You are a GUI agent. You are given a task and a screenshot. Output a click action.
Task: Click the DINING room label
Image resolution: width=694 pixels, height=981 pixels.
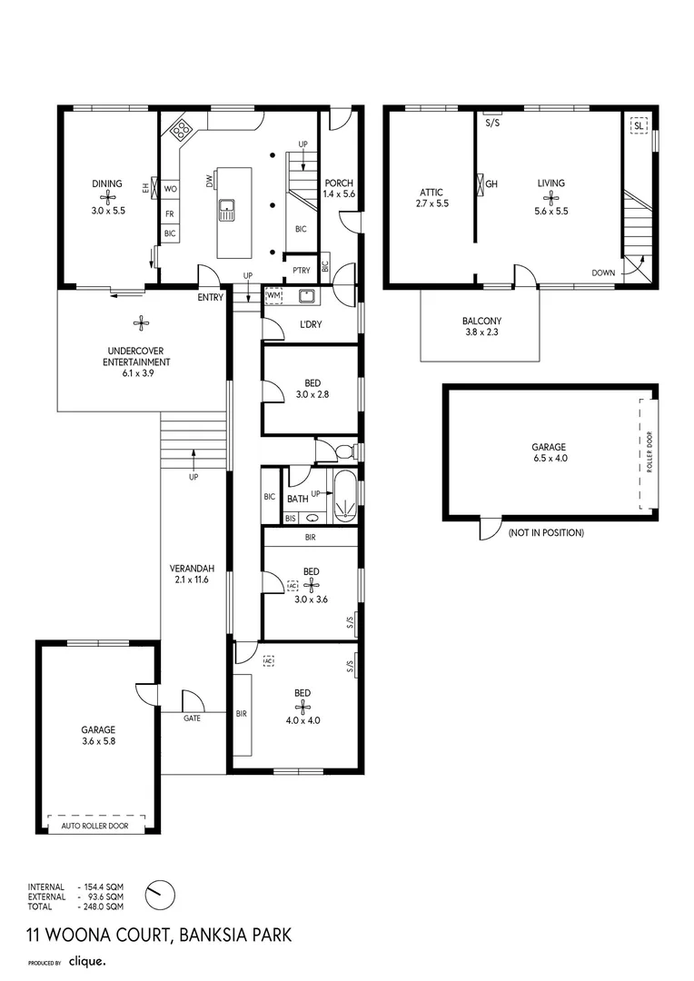click(107, 183)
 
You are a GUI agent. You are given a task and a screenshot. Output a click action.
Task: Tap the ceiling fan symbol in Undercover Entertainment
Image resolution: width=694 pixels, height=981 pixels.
click(141, 320)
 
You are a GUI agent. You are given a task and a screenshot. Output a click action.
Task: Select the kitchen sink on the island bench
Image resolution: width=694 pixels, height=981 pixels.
click(227, 211)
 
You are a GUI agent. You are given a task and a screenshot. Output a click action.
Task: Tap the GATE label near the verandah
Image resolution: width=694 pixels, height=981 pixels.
click(192, 717)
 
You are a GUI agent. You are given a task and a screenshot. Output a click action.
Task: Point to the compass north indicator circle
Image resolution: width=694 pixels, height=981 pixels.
click(160, 893)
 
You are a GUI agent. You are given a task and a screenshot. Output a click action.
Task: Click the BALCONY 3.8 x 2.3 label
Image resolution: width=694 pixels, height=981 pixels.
click(481, 327)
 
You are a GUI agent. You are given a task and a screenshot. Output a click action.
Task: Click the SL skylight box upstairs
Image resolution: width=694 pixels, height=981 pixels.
click(639, 127)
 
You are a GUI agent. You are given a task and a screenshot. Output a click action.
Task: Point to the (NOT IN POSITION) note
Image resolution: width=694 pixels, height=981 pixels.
click(546, 532)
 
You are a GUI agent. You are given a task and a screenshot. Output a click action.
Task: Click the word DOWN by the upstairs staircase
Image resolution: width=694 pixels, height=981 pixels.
click(603, 272)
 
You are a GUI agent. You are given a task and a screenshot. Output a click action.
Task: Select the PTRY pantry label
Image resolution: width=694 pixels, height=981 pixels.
click(300, 270)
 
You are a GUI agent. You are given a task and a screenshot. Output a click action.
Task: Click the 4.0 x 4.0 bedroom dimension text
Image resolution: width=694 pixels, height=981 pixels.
click(302, 719)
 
